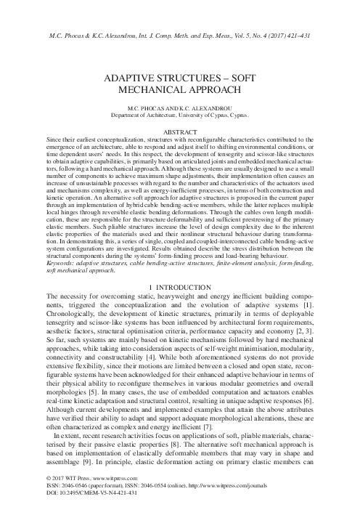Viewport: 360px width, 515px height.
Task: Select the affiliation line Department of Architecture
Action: [180, 115]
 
